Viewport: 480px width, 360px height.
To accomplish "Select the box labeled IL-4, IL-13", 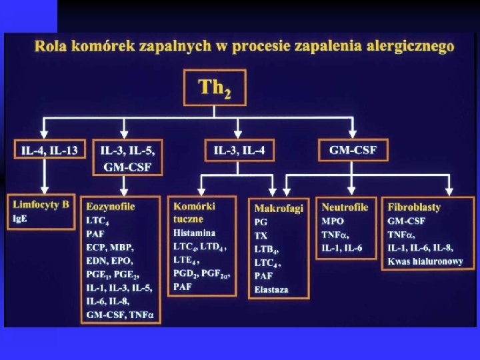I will [49, 150].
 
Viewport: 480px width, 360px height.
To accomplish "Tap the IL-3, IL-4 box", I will [239, 151].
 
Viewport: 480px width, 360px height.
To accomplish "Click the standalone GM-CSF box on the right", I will [353, 150].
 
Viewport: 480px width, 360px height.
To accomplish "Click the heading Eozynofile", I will [110, 207].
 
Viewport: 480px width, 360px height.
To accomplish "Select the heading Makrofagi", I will [279, 208].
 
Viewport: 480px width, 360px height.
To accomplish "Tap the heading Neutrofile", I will [345, 207].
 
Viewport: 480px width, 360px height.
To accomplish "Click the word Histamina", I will [194, 233].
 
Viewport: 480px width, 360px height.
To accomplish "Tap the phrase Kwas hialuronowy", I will [425, 261].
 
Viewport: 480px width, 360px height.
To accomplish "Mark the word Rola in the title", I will [49, 47].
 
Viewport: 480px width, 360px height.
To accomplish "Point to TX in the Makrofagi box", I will [261, 235].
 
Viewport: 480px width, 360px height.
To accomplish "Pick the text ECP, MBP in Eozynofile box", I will [109, 247].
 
